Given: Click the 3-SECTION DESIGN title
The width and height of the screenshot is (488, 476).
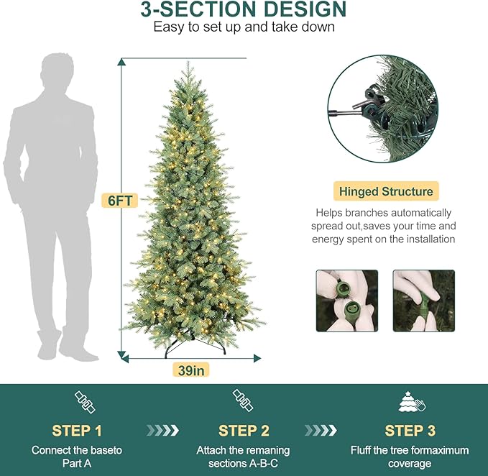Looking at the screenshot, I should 244,10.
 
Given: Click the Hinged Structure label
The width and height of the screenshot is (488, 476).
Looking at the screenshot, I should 386,191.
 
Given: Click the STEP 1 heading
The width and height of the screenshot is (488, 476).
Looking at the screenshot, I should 77,431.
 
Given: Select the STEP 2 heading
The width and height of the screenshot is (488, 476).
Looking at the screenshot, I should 243,431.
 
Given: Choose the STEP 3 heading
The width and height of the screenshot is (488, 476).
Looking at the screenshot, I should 410,431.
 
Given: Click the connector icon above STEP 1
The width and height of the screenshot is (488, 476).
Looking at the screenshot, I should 84,401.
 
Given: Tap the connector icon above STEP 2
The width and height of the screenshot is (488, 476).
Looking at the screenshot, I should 242,401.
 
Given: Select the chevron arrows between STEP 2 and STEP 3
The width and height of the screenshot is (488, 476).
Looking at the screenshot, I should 321,431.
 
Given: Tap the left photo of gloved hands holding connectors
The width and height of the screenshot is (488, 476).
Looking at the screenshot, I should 347,301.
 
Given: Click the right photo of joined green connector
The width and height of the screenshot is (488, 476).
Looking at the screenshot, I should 423,301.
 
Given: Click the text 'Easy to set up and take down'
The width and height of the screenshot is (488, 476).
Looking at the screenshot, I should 244,28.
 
